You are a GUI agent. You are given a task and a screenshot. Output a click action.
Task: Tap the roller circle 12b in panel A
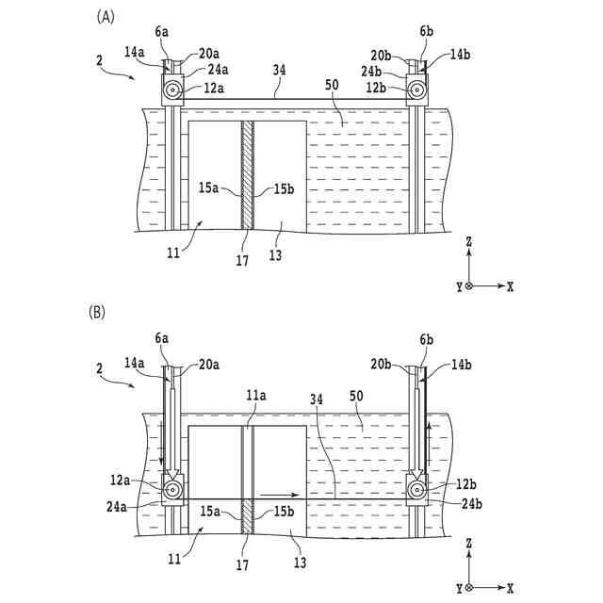click(416, 90)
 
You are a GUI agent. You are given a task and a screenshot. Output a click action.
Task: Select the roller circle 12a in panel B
click(172, 491)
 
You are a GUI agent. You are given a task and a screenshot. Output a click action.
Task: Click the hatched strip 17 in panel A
click(247, 174)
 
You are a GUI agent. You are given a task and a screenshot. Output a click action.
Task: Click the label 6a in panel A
click(162, 31)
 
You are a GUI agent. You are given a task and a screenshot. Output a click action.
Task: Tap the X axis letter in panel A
click(509, 285)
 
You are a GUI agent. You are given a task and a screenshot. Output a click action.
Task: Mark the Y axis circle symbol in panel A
click(468, 285)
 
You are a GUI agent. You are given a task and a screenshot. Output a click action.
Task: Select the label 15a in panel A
click(209, 189)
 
